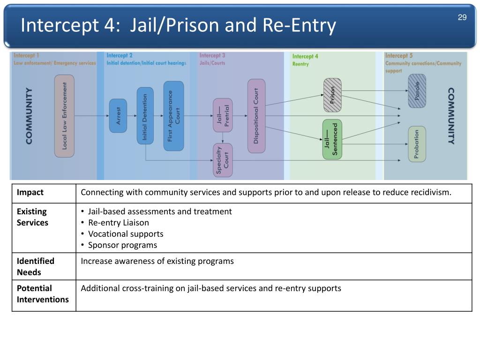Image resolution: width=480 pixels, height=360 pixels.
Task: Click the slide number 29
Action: [x=462, y=17]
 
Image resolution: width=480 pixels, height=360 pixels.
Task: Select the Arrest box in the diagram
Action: [x=118, y=115]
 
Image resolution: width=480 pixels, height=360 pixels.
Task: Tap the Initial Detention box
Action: [x=145, y=115]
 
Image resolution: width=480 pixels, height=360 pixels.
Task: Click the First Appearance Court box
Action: [x=173, y=116]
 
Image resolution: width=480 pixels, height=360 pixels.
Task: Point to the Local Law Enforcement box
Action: [x=65, y=116]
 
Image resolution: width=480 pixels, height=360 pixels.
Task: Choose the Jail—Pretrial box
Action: [x=223, y=115]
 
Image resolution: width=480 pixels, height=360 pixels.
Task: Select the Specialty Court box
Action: [x=223, y=160]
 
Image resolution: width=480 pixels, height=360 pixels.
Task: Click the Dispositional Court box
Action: [x=256, y=116]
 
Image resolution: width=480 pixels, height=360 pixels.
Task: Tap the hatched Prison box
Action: [x=332, y=95]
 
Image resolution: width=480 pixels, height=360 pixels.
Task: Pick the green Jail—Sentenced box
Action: [x=332, y=139]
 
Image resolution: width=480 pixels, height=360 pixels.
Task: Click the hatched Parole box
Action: [x=417, y=91]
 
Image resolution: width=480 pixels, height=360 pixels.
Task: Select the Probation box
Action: [x=417, y=144]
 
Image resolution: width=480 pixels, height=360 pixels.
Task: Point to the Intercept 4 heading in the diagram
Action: [x=305, y=56]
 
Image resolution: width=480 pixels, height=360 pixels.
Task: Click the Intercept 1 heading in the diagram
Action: [x=26, y=55]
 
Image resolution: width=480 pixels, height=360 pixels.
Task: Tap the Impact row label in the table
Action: [x=30, y=193]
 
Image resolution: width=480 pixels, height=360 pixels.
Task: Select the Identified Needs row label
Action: [x=36, y=266]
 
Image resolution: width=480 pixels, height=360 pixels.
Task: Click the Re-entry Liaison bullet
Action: [x=119, y=223]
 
